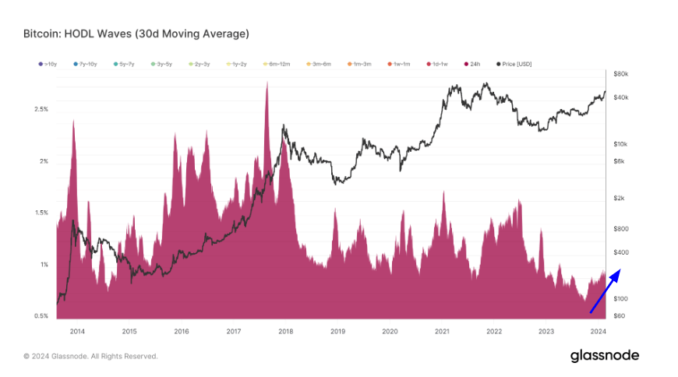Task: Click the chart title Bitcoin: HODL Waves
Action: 136,33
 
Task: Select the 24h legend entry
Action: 476,63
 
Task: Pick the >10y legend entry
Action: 48,63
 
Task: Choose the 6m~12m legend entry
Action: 277,63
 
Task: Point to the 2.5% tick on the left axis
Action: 41,109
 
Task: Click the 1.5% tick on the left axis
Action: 41,213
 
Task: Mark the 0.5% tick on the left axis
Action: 41,316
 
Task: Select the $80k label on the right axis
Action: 621,74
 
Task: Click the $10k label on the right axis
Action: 621,144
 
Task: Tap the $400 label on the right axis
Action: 621,252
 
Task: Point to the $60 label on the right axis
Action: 620,316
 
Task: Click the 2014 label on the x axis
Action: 77,331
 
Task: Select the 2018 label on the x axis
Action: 285,331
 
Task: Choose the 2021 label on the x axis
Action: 442,331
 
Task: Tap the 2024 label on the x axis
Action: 598,331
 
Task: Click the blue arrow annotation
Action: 605,291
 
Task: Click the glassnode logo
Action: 604,355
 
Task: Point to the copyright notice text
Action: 90,356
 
